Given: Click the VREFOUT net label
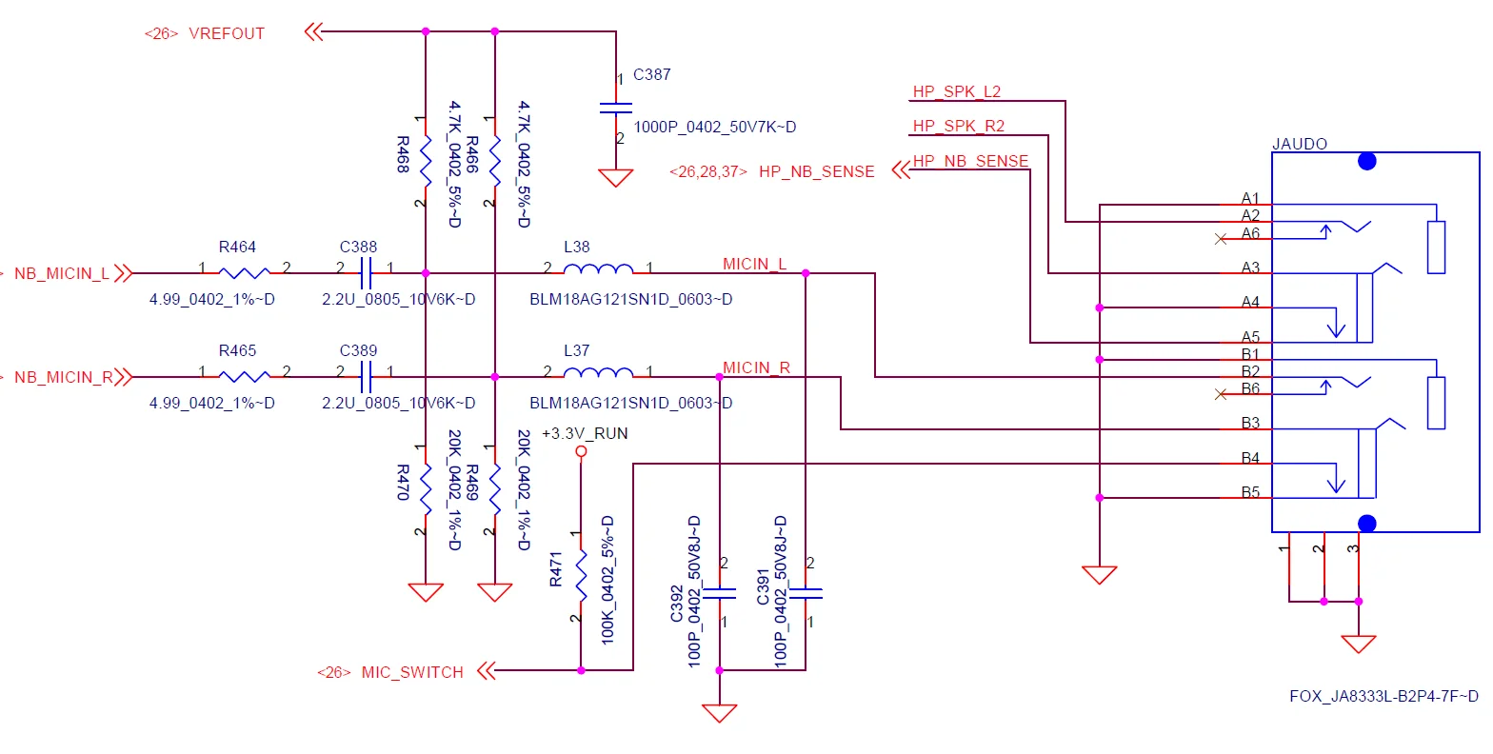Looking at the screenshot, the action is (227, 33).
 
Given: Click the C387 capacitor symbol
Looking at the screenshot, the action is (615, 108).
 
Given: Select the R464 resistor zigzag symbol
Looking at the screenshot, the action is (244, 272).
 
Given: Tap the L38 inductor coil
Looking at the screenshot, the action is (598, 268).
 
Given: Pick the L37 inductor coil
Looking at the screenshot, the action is (598, 372).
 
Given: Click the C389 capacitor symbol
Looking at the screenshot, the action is (366, 377).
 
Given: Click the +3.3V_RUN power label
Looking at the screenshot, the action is (585, 433).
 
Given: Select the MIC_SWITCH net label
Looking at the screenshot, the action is (412, 672).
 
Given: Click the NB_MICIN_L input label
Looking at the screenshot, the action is (62, 273).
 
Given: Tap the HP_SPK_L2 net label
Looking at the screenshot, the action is (956, 91).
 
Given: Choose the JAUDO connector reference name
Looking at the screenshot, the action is (1300, 144).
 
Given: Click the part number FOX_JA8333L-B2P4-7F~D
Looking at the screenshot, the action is (1384, 696).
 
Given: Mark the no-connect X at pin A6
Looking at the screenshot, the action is (1221, 239).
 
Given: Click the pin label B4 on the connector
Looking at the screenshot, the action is (1250, 458).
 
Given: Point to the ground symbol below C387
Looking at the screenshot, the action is (615, 178).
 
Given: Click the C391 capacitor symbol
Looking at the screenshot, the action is (806, 593).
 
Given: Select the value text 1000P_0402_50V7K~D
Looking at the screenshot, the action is (714, 127).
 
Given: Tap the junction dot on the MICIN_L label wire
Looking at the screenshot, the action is (806, 273).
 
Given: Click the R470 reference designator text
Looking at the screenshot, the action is (403, 482).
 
